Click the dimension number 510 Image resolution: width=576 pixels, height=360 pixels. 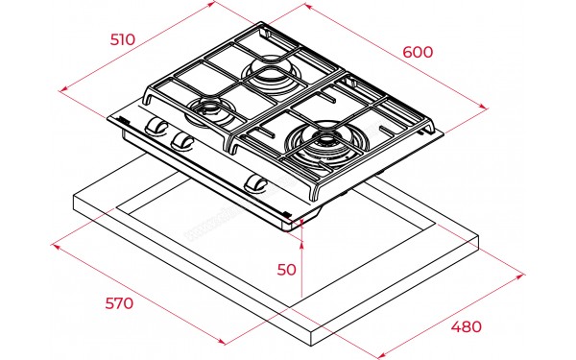[x=123, y=39]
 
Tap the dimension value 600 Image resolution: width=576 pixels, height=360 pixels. [x=418, y=52]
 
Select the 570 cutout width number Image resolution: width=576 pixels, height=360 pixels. [x=119, y=303]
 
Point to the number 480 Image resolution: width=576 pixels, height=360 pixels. [x=467, y=326]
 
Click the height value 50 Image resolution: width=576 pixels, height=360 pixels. [x=286, y=270]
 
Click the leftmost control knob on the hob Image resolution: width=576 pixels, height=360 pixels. [x=156, y=126]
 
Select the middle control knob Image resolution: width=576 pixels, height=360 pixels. [x=182, y=141]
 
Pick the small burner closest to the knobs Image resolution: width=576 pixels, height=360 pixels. [x=210, y=111]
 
